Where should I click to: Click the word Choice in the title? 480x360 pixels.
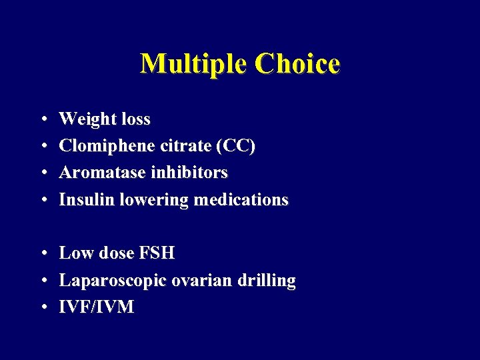(x=297, y=64)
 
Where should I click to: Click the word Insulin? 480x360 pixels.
(x=87, y=199)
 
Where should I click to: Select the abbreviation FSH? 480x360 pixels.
(x=157, y=253)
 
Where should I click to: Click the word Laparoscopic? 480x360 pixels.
(x=113, y=281)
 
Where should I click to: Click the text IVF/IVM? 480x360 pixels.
(x=97, y=307)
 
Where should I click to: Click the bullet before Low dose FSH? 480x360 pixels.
(x=42, y=254)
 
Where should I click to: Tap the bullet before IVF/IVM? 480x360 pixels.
(x=42, y=308)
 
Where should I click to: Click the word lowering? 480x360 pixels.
(x=153, y=199)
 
